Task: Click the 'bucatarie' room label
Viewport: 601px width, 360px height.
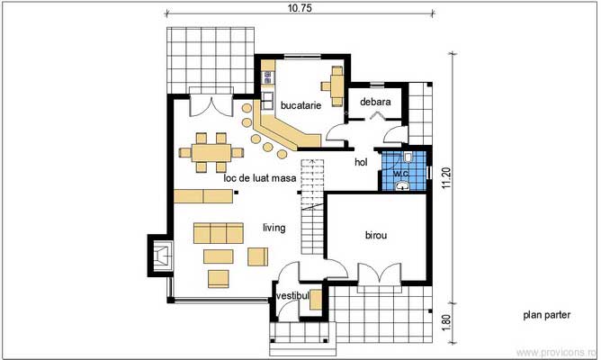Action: pos(300,105)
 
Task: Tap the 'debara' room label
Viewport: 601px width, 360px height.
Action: pos(375,102)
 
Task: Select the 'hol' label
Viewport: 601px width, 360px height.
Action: pos(361,162)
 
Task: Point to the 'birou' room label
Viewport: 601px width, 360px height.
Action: pos(376,235)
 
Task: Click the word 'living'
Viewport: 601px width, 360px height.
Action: pos(274,228)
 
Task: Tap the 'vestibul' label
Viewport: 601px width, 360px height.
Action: pos(292,295)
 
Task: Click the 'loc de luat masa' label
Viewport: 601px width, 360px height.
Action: pos(260,178)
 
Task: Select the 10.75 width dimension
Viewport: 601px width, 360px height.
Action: pos(300,8)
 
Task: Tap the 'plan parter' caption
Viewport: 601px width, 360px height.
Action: pos(547,315)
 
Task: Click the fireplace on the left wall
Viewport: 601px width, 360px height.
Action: pos(161,256)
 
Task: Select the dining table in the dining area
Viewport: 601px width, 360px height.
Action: pos(211,153)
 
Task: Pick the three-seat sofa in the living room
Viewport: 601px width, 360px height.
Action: pos(219,233)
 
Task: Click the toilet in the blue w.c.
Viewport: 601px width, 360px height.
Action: pos(408,157)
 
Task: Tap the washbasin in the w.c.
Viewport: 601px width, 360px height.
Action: pos(402,186)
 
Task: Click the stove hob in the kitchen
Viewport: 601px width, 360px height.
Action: pos(267,77)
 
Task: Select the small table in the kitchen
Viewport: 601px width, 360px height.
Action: pos(337,86)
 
